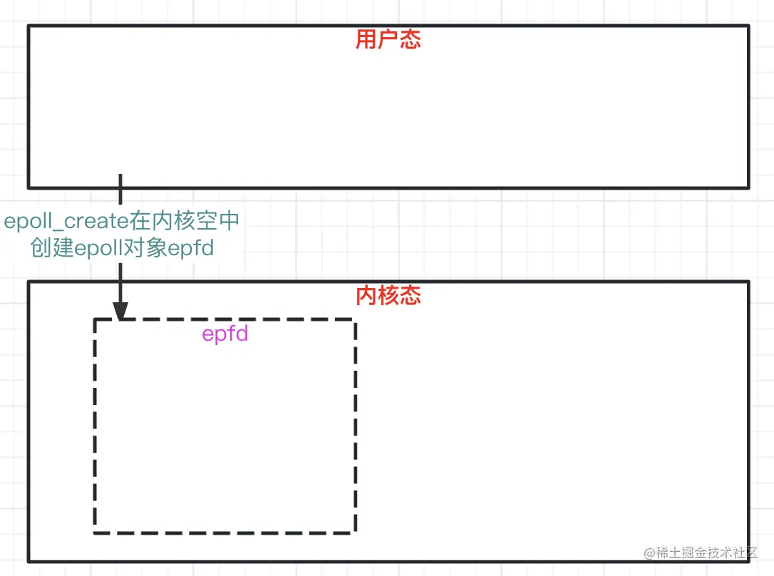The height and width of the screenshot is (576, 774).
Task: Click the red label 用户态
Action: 388,40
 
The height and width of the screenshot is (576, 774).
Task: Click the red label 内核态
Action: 388,296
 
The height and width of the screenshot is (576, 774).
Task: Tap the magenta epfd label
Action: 225,334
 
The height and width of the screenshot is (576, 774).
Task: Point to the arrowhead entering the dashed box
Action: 120,312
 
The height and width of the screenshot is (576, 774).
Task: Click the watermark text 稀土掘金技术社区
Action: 706,553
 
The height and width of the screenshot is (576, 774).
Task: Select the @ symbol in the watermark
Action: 649,553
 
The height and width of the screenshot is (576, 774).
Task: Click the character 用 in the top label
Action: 366,40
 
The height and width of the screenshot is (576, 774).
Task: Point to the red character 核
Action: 388,296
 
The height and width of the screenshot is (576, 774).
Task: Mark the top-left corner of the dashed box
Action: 95,320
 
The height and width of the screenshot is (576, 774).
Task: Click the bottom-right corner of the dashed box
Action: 355,532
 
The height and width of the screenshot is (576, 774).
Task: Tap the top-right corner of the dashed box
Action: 355,320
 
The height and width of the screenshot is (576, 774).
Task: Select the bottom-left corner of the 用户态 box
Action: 29,187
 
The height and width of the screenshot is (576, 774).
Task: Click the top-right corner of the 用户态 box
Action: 749,26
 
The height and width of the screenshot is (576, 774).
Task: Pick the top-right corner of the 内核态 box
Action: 749,282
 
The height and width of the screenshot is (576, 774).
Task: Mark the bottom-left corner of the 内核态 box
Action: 29,561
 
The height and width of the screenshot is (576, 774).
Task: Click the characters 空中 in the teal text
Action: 219,222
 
